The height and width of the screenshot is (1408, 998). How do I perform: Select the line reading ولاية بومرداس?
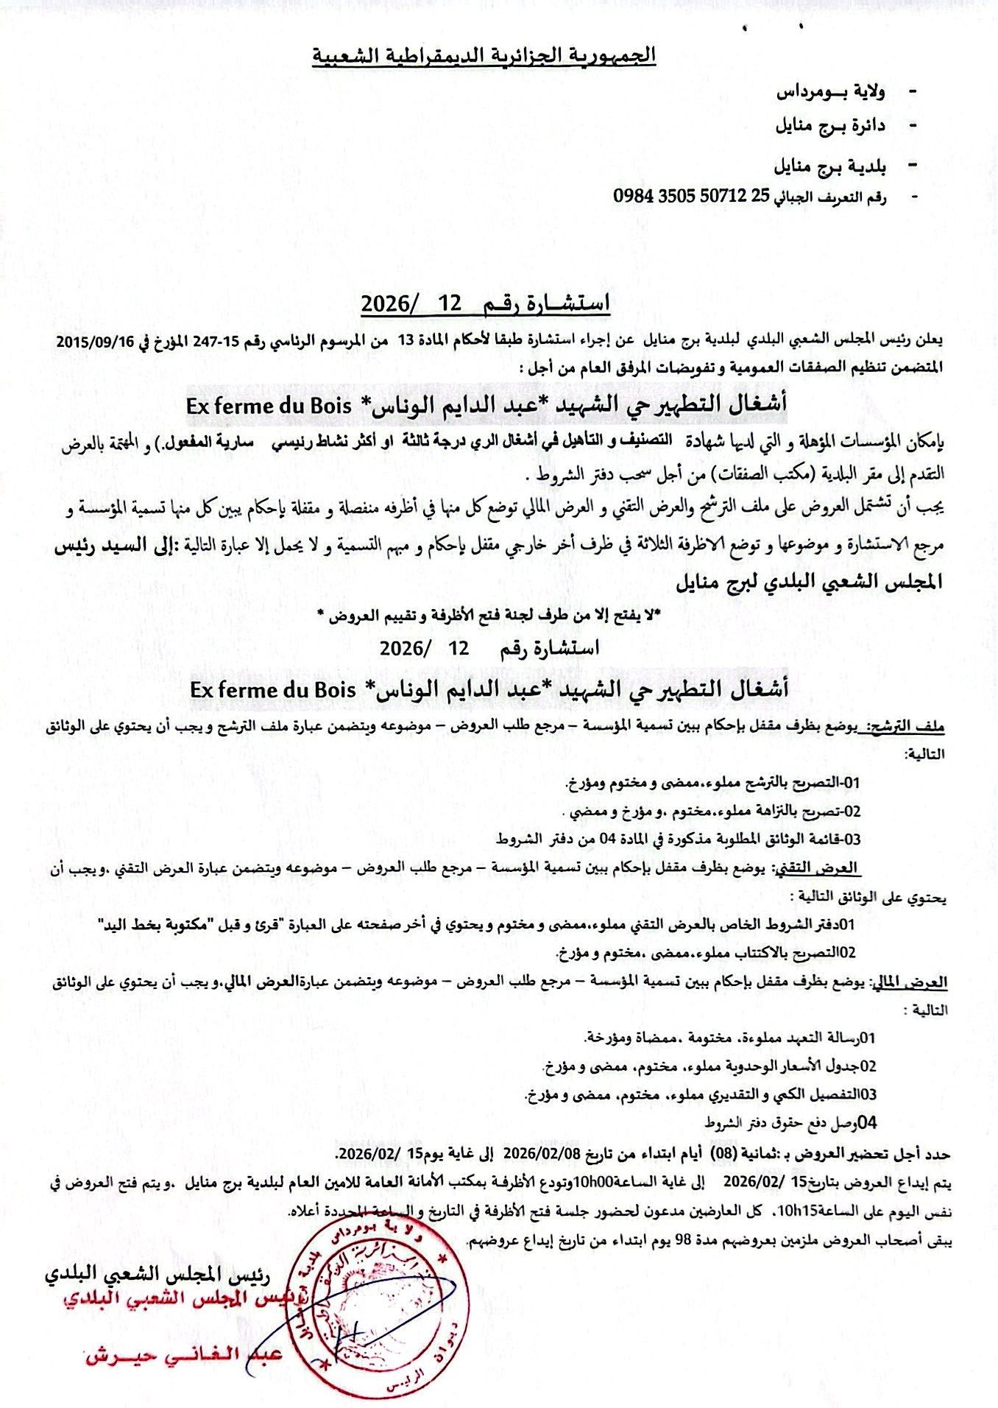(832, 92)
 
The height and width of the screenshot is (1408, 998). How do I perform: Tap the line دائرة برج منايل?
(830, 125)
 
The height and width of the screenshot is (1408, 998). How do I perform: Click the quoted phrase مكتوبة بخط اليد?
(155, 924)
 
